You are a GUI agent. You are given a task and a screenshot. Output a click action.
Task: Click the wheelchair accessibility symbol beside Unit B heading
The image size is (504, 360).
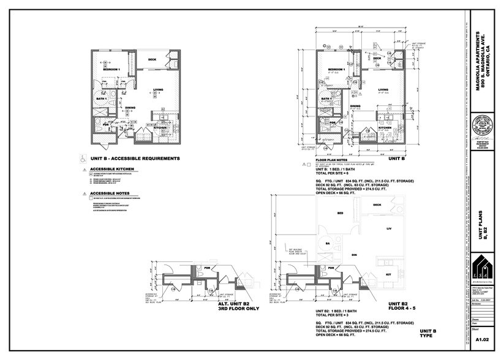[83, 157]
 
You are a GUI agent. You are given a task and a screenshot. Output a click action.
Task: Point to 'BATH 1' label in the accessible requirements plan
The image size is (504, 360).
[102, 98]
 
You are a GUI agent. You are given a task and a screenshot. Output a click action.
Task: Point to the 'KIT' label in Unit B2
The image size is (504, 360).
[387, 275]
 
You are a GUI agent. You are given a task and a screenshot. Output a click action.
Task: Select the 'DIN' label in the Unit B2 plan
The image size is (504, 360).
[353, 253]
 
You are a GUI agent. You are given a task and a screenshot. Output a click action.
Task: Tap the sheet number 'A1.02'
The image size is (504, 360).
[483, 339]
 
